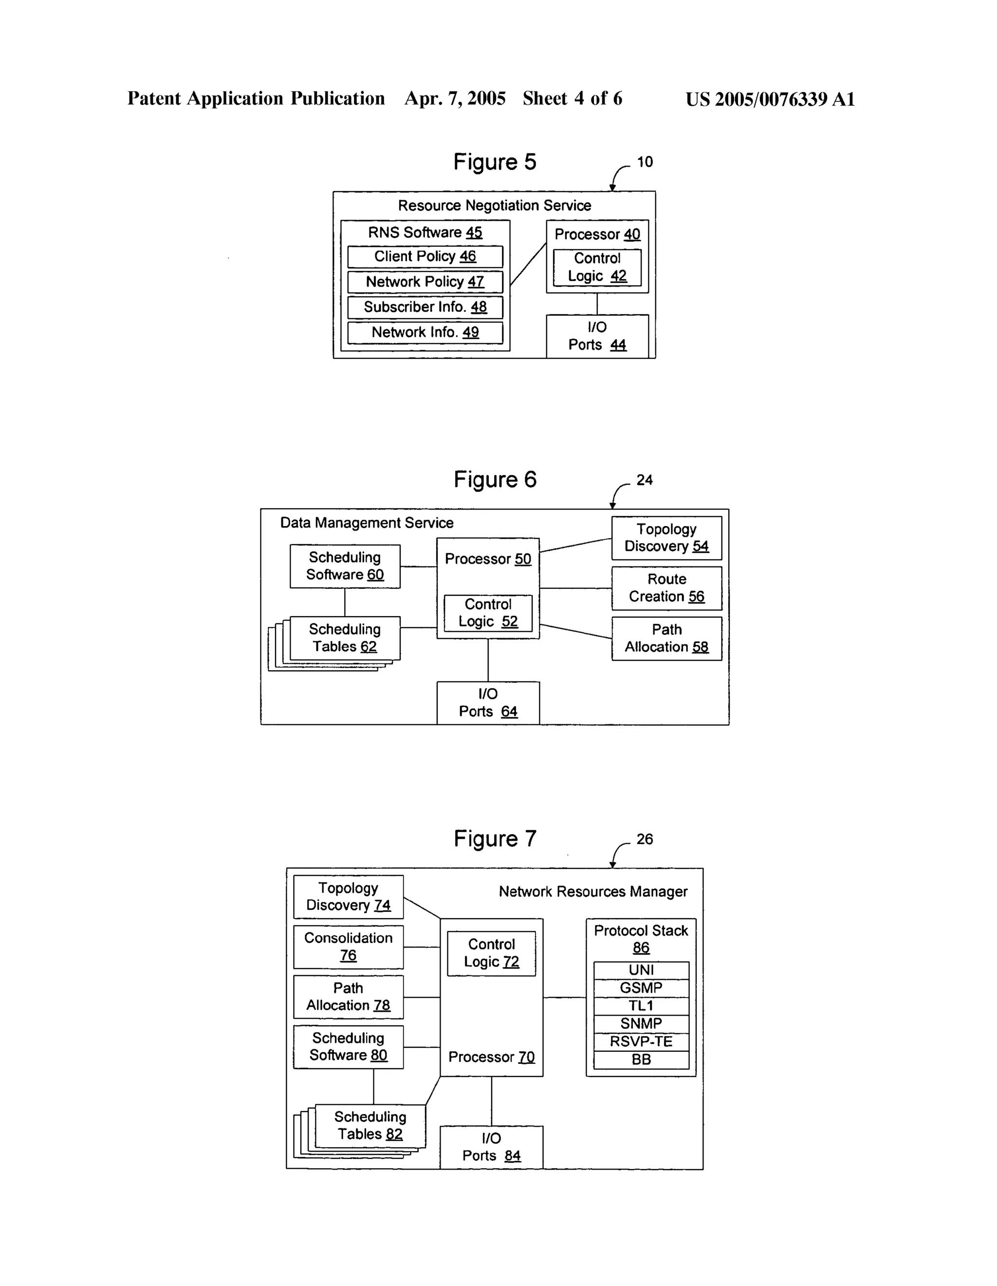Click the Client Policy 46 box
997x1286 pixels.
pyautogui.click(x=425, y=257)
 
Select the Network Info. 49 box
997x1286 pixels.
pyautogui.click(x=425, y=333)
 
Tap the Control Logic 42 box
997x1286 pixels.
pyautogui.click(x=597, y=267)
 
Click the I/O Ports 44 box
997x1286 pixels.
pyautogui.click(x=597, y=336)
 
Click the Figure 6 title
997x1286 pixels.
pyautogui.click(x=495, y=479)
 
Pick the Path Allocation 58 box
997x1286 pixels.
pyautogui.click(x=666, y=638)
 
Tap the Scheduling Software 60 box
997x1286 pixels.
pyautogui.click(x=345, y=566)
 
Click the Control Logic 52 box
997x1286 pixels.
pyautogui.click(x=488, y=613)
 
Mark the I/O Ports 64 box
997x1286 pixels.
pyautogui.click(x=488, y=703)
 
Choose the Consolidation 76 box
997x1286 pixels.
pyautogui.click(x=349, y=947)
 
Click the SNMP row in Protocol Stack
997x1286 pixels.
pyautogui.click(x=641, y=1023)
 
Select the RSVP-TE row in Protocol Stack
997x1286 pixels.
pyautogui.click(x=641, y=1041)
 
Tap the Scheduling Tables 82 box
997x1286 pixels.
pyautogui.click(x=370, y=1125)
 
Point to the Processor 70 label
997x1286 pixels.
pyautogui.click(x=491, y=1057)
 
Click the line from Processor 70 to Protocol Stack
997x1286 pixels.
pyautogui.click(x=564, y=998)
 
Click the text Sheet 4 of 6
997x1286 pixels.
pyautogui.click(x=572, y=98)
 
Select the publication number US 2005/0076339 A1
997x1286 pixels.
pyautogui.click(x=770, y=99)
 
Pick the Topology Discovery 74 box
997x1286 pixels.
pyautogui.click(x=349, y=897)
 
